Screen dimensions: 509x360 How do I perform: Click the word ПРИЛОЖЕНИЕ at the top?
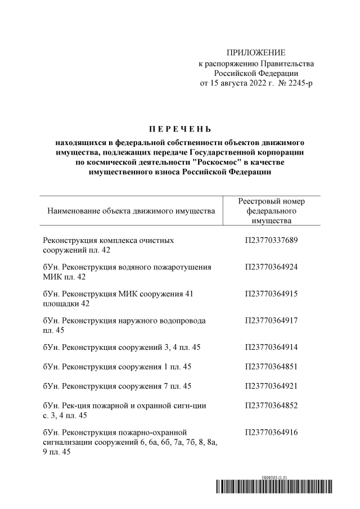coord(256,52)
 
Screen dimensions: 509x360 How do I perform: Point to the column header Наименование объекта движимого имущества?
coord(131,211)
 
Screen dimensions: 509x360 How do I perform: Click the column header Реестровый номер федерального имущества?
coord(271,211)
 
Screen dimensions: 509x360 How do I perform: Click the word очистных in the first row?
coord(157,241)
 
